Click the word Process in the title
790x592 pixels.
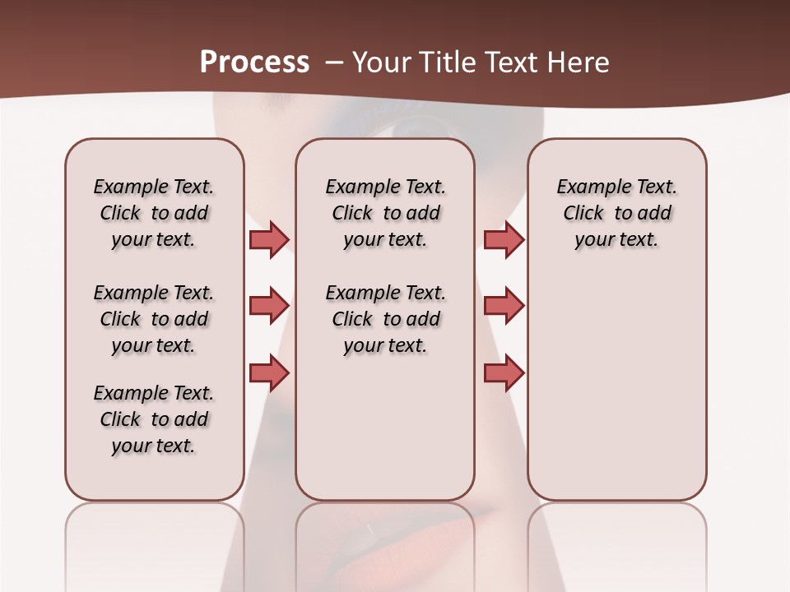pyautogui.click(x=254, y=62)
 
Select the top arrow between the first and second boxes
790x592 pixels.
pyautogui.click(x=269, y=239)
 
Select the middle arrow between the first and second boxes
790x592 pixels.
pyautogui.click(x=269, y=306)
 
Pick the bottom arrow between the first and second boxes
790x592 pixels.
pyautogui.click(x=269, y=373)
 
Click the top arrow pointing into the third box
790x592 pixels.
pyautogui.click(x=504, y=239)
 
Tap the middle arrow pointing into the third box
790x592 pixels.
pyautogui.click(x=504, y=306)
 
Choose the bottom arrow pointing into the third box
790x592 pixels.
pyautogui.click(x=504, y=373)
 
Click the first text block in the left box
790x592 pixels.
pyautogui.click(x=154, y=213)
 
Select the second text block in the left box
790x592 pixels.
pyautogui.click(x=154, y=319)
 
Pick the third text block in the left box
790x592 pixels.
pyautogui.click(x=154, y=419)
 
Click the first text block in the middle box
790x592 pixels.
pyautogui.click(x=386, y=213)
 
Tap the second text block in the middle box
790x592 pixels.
pyautogui.click(x=386, y=319)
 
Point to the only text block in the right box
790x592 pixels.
pyautogui.click(x=617, y=213)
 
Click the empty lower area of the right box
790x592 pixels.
pyautogui.click(x=617, y=395)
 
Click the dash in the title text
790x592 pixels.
pyautogui.click(x=334, y=62)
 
